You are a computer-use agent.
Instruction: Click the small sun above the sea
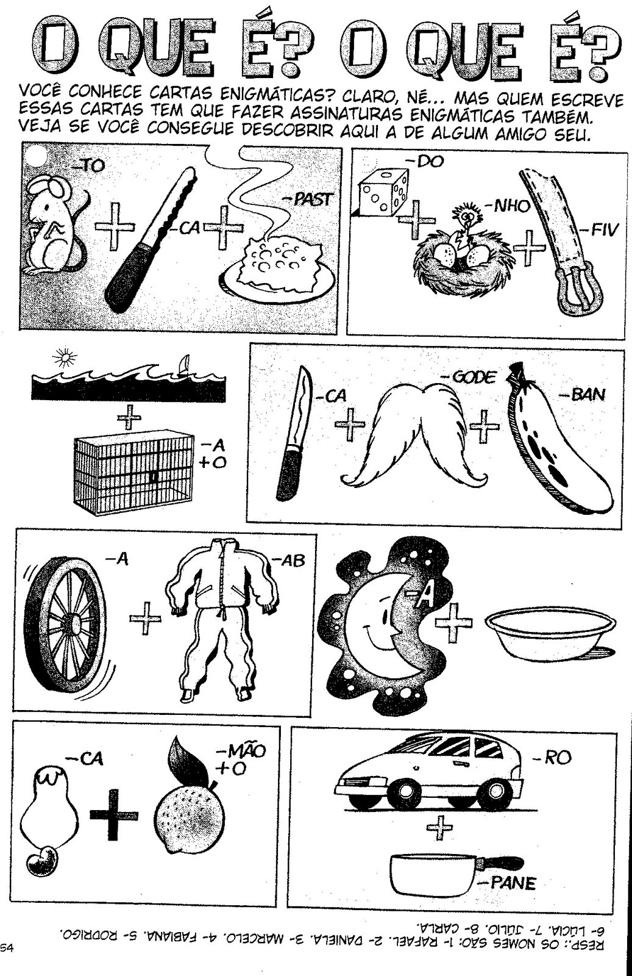click(65, 357)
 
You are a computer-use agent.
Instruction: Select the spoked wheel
click(68, 620)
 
